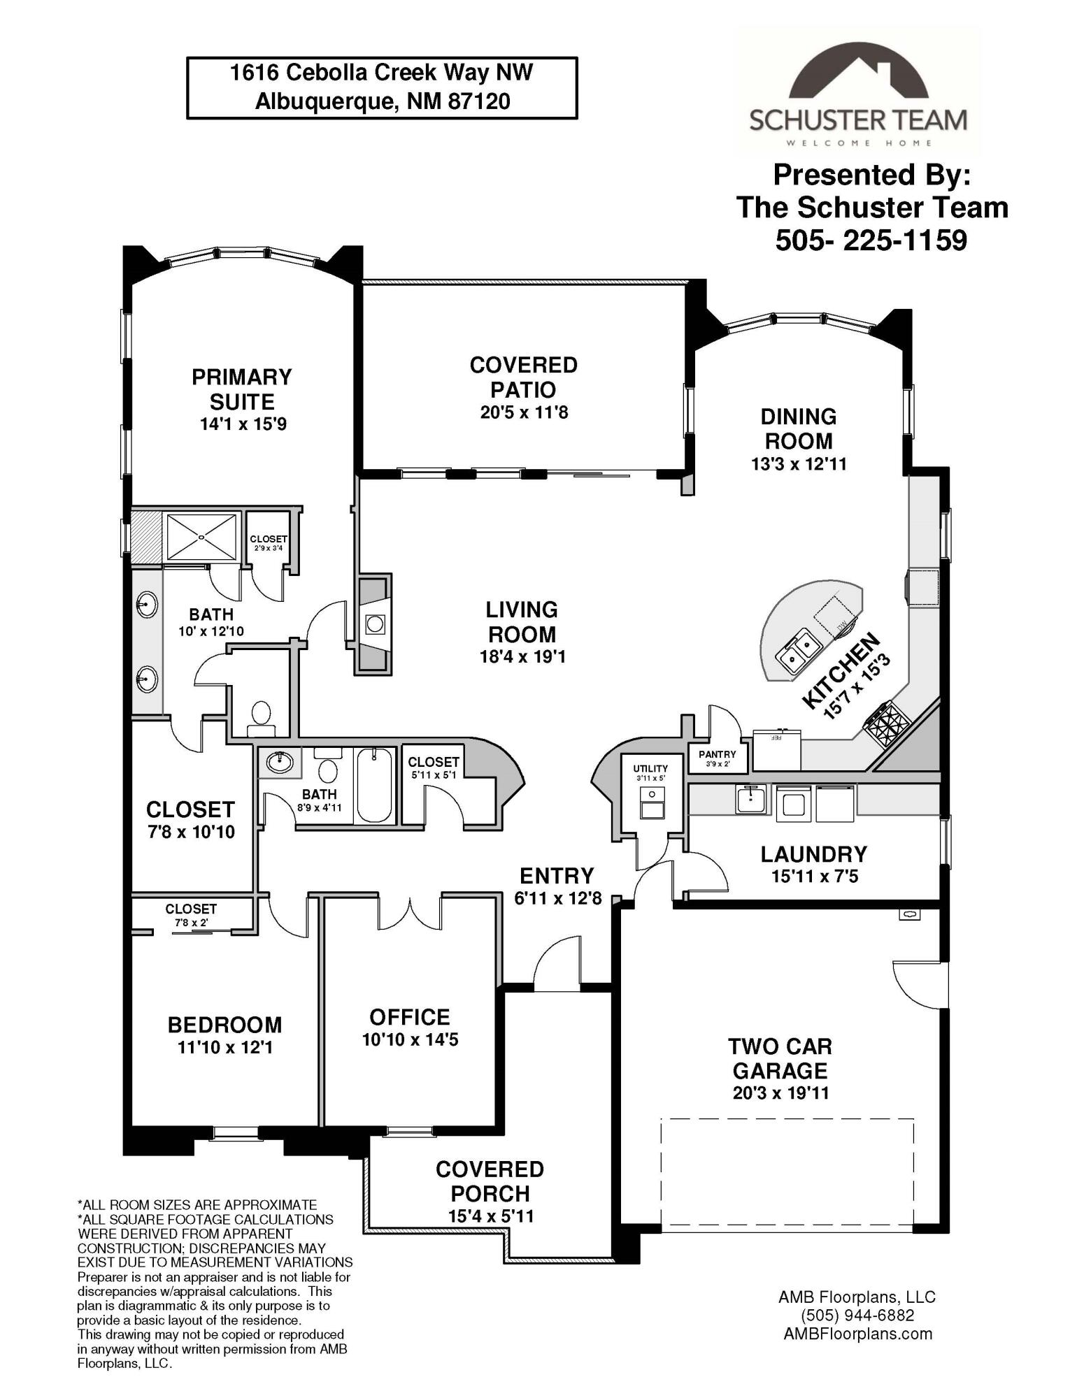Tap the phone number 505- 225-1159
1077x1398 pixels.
[x=871, y=240]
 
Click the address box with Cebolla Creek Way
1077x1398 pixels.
[x=382, y=88]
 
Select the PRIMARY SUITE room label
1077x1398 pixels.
[x=242, y=389]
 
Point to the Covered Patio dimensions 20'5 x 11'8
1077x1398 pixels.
[x=524, y=412]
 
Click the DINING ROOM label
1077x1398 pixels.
[x=799, y=428]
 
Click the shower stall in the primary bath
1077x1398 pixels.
[x=201, y=537]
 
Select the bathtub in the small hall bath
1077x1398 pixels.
[x=374, y=785]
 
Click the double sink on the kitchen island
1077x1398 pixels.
[x=797, y=649]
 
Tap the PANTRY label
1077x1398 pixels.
[x=718, y=754]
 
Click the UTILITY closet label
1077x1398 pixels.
[x=651, y=768]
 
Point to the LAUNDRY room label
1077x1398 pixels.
[x=814, y=853]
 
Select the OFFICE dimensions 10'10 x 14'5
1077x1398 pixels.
[x=410, y=1039]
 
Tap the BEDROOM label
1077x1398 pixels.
[x=224, y=1025]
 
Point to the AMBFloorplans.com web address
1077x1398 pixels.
[x=857, y=1334]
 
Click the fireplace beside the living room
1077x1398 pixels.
[x=374, y=624]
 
